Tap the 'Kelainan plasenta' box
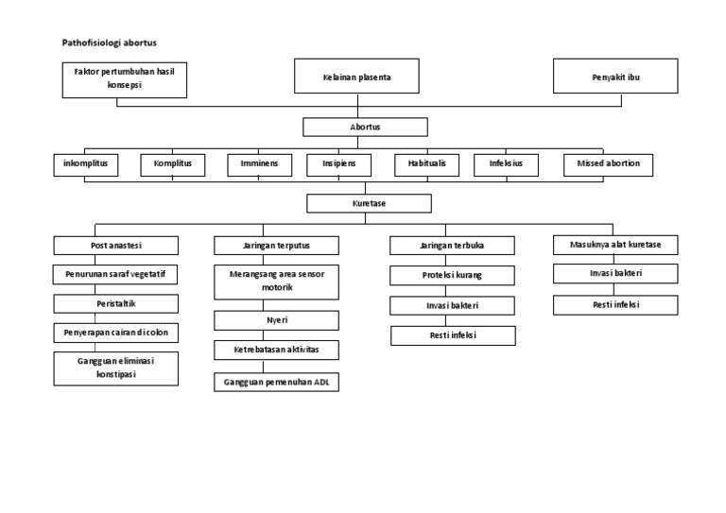coord(356,77)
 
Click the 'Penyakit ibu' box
coord(615,77)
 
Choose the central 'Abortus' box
coord(365,127)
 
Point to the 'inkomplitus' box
coord(85,164)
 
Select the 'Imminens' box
coord(259,164)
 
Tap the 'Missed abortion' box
coord(608,164)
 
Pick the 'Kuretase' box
coord(369,203)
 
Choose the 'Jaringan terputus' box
coord(276,246)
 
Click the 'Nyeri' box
coord(276,320)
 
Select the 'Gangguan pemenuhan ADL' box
coord(276,383)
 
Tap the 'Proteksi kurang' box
coord(454,276)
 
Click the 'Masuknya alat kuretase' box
coord(615,246)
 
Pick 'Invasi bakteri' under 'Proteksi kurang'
coord(454,306)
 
